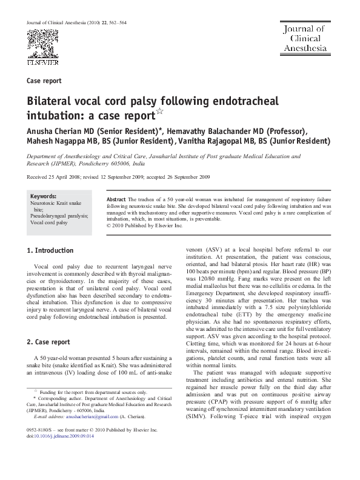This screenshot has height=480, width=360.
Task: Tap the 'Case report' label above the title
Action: [44, 81]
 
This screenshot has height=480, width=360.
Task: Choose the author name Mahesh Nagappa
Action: [64, 141]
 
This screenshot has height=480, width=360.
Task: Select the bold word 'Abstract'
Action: [116, 199]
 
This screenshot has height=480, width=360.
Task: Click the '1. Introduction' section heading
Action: [51, 250]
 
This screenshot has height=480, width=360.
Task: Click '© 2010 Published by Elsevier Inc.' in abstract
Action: [144, 225]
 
